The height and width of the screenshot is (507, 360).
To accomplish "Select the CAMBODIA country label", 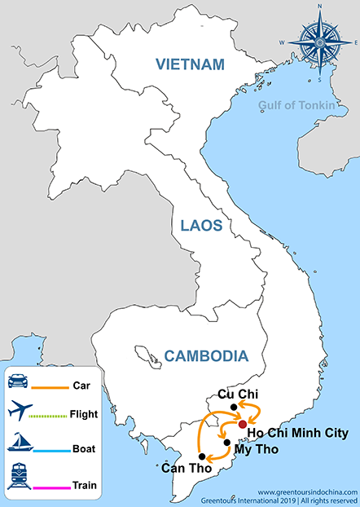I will [205, 356].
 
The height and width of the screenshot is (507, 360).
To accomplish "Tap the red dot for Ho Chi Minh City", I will [242, 425].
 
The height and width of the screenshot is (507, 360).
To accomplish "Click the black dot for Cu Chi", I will [233, 407].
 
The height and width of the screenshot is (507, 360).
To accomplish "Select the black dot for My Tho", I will [227, 442].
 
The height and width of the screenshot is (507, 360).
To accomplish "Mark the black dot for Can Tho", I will [202, 456].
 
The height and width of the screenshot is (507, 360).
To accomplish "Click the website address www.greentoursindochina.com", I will [308, 492].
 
